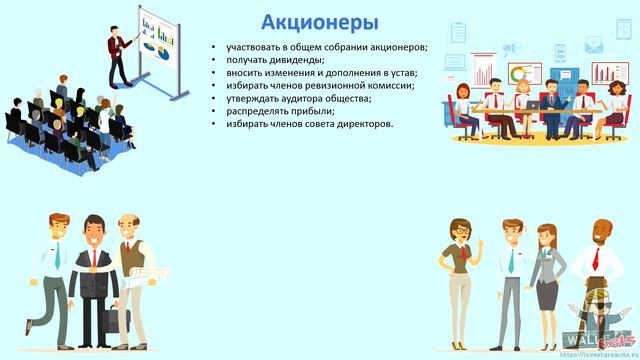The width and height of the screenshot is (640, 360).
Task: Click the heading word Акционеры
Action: click(x=319, y=22)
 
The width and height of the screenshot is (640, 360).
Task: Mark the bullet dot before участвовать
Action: click(x=213, y=48)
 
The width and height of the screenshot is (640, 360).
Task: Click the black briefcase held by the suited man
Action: click(x=113, y=321)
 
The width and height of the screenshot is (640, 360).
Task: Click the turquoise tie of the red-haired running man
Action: click(x=57, y=256)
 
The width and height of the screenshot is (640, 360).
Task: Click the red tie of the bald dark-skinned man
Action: click(x=596, y=259)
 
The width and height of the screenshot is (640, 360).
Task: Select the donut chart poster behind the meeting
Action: click(x=520, y=73)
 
